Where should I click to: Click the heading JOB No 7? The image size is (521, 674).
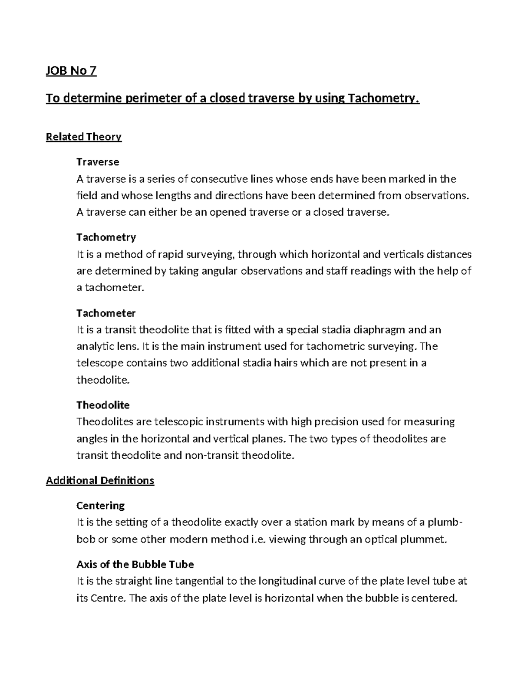point(71,70)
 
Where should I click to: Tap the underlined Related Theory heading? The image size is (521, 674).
point(84,137)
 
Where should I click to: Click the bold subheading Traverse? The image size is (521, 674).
point(98,162)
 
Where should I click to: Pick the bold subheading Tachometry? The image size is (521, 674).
point(106,237)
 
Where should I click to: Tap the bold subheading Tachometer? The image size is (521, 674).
point(106,313)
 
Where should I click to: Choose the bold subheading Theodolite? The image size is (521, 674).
point(103,405)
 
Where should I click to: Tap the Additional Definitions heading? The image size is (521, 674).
point(100,480)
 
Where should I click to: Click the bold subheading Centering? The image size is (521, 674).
point(101,506)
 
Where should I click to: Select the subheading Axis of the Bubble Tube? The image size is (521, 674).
point(135,564)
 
